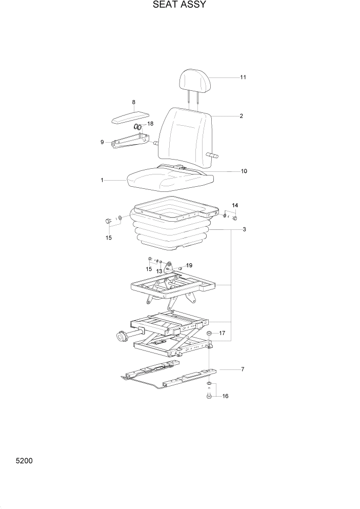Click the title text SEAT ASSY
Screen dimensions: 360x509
tap(179, 6)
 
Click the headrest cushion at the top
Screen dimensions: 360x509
tap(195, 80)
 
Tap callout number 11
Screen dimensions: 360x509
tap(243, 77)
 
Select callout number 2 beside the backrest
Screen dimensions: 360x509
tap(241, 116)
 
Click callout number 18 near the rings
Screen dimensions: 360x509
tap(150, 124)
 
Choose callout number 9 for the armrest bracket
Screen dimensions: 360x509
tap(102, 142)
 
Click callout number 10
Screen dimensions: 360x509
tap(244, 171)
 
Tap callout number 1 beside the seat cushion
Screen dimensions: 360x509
tap(102, 180)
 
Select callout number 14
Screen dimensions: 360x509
tap(235, 206)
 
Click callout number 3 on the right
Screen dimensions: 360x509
tap(244, 229)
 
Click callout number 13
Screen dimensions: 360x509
tap(159, 271)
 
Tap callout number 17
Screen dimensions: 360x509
tap(222, 334)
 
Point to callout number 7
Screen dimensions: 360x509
tap(242, 369)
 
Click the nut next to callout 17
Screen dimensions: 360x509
tap(209, 334)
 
